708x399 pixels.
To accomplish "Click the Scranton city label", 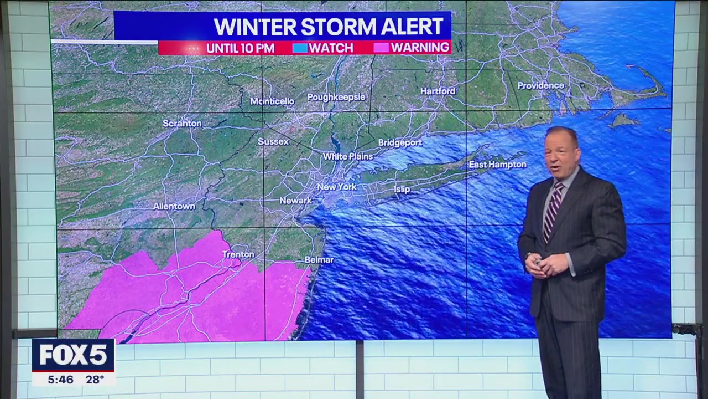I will coord(182,124).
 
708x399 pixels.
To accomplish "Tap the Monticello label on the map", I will coord(272,101).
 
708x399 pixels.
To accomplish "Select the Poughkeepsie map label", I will coord(336,97).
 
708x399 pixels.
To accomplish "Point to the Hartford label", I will coord(438,91).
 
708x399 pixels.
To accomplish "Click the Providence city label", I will coord(540,86).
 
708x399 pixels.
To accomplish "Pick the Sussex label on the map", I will coord(273,142).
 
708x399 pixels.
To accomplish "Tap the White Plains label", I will coord(348,157).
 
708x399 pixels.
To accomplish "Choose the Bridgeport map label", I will coord(400,143).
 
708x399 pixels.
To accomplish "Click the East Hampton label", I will coord(498,165).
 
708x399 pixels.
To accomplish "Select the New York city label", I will coord(337,187).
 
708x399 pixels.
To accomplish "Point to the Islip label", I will coord(402,190).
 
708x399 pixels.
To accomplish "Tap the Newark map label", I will coord(295,201).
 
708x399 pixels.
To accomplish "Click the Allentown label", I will coord(174,206).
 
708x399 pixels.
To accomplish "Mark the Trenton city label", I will coord(238,254).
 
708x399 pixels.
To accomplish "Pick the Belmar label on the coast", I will coord(319,260).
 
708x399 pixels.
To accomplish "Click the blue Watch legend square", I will coord(300,48).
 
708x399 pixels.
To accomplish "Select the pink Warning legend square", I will coord(381,48).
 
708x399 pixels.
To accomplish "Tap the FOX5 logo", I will coord(73,355).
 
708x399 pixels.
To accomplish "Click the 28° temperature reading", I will coord(95,380).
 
